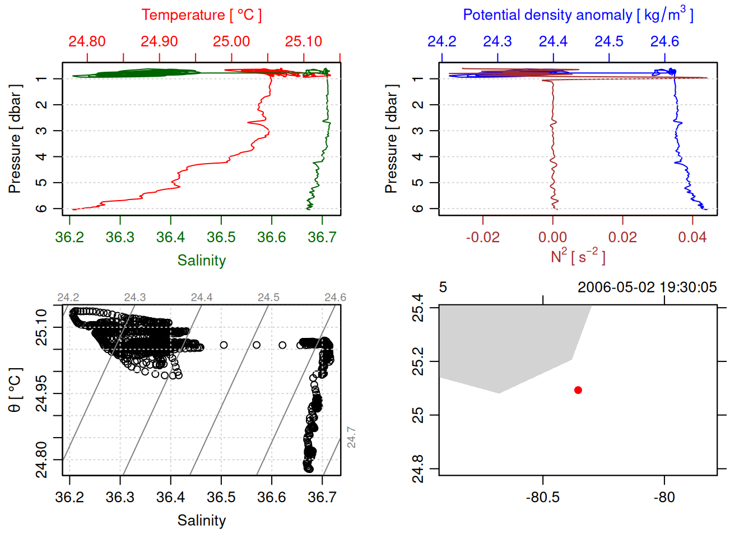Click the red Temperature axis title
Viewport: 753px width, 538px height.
click(x=201, y=15)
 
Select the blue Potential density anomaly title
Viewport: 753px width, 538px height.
click(x=578, y=15)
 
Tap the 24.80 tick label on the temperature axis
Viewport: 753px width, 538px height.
click(x=87, y=41)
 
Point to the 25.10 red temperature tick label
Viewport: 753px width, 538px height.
click(x=304, y=41)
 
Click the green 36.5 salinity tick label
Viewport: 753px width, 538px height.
click(x=221, y=238)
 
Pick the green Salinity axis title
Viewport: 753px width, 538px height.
click(x=201, y=261)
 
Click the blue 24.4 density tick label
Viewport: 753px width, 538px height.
click(x=553, y=41)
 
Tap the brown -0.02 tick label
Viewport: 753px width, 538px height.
click(x=482, y=238)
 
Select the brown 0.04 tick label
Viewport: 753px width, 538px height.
click(x=692, y=238)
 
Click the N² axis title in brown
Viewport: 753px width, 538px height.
click(x=578, y=256)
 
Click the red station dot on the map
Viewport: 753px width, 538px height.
click(x=578, y=390)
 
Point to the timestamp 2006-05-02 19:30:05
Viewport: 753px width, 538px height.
click(x=647, y=287)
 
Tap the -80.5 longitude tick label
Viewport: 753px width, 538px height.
click(x=542, y=498)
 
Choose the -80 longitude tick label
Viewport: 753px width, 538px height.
click(x=664, y=498)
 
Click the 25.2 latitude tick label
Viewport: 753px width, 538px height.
click(x=418, y=361)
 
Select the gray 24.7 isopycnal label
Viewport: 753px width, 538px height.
click(x=351, y=437)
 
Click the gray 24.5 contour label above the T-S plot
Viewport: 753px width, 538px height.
click(x=268, y=298)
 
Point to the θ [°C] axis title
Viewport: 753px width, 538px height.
click(x=15, y=390)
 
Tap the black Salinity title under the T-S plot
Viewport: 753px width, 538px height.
click(x=201, y=521)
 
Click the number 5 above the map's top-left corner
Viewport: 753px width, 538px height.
click(x=443, y=287)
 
